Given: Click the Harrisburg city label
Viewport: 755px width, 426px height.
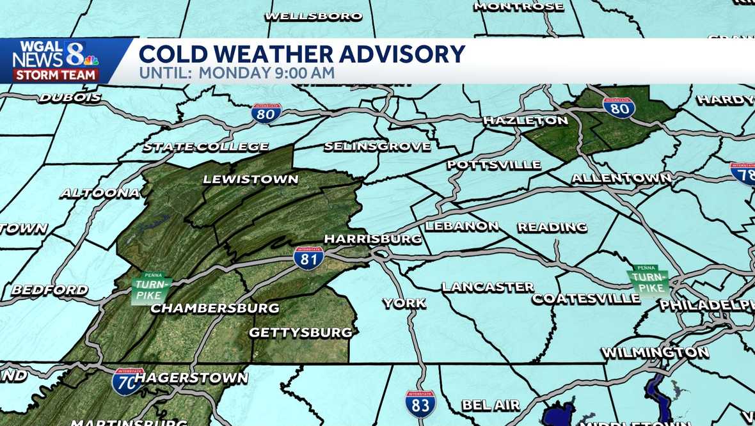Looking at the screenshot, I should (373, 239).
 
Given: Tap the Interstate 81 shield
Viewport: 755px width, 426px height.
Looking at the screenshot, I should (309, 257).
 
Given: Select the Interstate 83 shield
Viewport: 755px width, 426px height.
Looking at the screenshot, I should (420, 404).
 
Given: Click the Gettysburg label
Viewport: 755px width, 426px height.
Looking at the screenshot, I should (301, 333).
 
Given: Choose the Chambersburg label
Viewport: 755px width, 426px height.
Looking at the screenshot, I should (215, 308).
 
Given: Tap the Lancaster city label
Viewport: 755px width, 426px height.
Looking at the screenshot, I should (488, 287).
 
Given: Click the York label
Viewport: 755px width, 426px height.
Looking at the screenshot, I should (404, 303).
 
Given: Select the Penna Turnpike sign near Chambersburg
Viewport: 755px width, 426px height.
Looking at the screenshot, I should (151, 288).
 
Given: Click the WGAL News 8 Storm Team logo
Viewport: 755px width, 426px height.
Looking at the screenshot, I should (56, 61).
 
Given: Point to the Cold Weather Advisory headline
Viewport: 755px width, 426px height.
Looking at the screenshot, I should (302, 54).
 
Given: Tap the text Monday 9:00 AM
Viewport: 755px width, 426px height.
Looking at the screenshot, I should (267, 73).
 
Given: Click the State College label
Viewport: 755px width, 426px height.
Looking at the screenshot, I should (205, 147).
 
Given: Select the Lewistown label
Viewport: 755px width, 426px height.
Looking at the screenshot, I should (251, 179).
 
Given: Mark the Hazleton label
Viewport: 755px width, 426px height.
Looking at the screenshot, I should (525, 120).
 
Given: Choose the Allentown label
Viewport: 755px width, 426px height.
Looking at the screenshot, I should (621, 178).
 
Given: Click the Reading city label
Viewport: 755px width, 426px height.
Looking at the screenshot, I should (552, 227).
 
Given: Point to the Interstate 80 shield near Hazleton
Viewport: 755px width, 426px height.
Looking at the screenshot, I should (619, 107).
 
